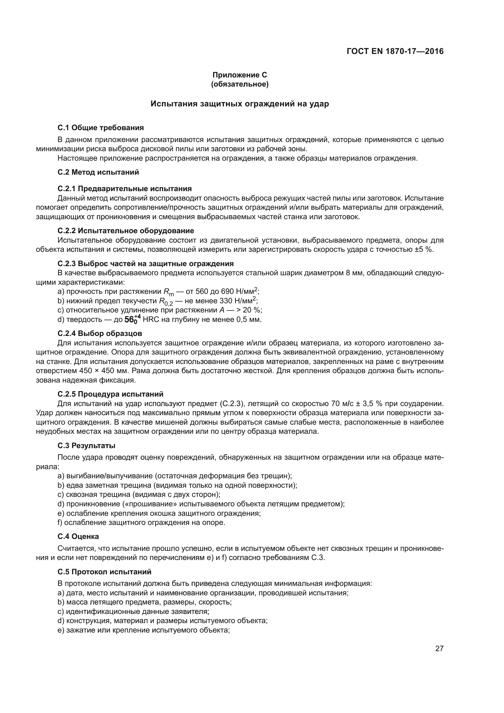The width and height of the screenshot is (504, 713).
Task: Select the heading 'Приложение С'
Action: tap(240, 75)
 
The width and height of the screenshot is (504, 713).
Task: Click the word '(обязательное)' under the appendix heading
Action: tap(240, 84)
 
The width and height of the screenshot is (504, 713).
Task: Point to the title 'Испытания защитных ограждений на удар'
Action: tap(240, 104)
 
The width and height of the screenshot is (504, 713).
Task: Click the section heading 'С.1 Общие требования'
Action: tap(101, 128)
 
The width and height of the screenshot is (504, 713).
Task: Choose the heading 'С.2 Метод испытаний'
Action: tap(98, 172)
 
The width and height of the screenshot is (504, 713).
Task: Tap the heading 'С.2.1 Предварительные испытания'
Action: tap(124, 188)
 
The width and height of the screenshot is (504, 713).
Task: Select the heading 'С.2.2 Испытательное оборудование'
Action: tap(126, 230)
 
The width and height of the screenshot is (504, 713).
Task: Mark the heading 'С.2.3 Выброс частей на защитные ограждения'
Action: tap(145, 264)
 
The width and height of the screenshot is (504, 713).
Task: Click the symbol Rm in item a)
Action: tap(169, 292)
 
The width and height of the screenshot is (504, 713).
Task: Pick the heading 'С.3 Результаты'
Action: tap(86, 446)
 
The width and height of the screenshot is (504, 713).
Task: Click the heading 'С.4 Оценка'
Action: tap(78, 536)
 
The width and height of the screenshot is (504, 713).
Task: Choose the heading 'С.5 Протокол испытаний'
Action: tap(104, 572)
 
